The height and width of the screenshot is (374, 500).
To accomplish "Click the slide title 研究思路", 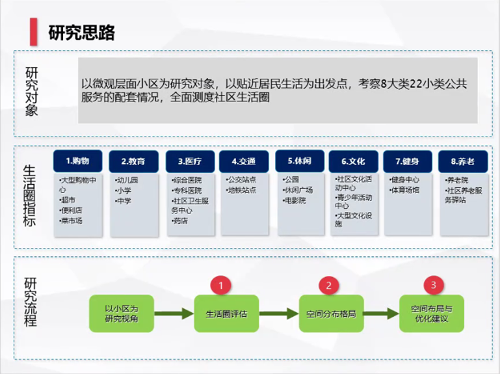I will tap(81, 33).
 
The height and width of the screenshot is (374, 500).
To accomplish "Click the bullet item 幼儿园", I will tap(126, 180).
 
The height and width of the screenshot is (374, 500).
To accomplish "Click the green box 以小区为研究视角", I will tap(122, 314).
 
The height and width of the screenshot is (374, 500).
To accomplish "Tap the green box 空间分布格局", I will tap(331, 314).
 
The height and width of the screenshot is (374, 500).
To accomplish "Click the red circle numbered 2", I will tap(328, 285).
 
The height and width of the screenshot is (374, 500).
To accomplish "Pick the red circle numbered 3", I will tap(434, 285).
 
